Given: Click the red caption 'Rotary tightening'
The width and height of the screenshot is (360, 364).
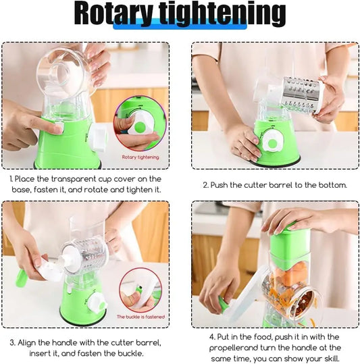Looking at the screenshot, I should coord(140,157).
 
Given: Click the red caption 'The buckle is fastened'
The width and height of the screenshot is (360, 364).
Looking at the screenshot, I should coord(140,316).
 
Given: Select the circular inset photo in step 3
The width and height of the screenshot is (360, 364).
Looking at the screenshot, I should coord(140,290).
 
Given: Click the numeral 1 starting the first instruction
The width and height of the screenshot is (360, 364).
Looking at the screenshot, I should coord(11,179).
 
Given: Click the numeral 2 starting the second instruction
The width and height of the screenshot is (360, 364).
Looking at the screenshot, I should coord(205,184).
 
